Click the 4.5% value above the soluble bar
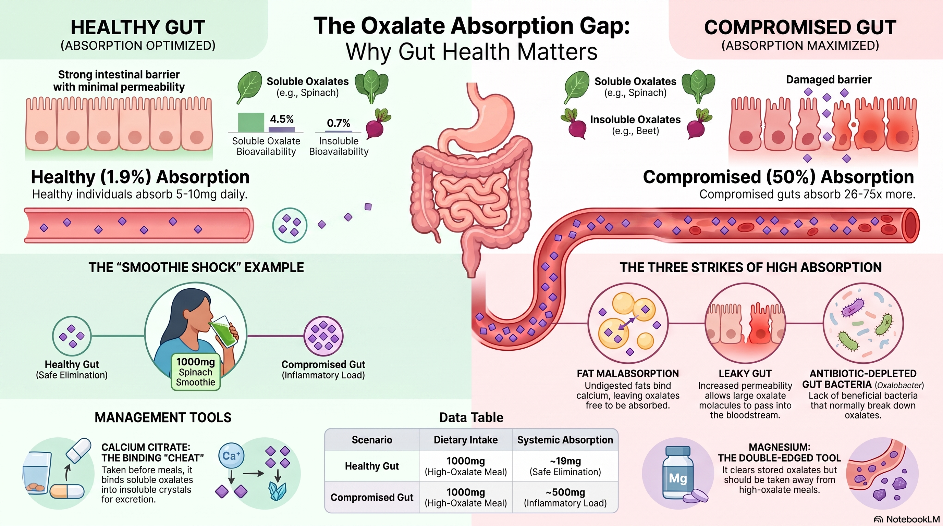(282, 119)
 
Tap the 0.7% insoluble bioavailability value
(338, 123)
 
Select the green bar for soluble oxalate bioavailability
(251, 122)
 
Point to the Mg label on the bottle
(677, 478)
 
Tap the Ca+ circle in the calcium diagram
(231, 455)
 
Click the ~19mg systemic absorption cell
(565, 466)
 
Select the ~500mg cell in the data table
(565, 497)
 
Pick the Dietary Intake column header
(466, 440)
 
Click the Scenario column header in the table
(371, 440)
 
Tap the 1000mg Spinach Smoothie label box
(195, 372)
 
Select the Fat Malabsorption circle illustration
(628, 323)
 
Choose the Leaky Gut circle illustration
(745, 323)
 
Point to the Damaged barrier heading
(829, 79)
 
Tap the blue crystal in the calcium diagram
(277, 491)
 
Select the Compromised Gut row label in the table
(371, 498)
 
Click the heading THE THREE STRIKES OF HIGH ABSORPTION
(750, 267)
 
